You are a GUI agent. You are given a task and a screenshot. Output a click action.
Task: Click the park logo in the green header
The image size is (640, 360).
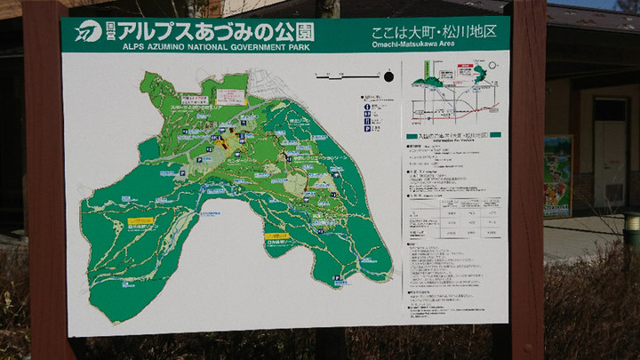click(88, 32)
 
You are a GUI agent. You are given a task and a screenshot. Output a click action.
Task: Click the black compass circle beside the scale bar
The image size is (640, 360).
click(388, 78)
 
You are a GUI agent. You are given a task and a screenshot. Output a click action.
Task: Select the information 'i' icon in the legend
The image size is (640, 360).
click(367, 108)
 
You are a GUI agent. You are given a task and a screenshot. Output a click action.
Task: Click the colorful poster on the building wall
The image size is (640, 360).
click(557, 175)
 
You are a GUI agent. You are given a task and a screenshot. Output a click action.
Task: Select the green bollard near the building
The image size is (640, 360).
click(631, 230)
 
